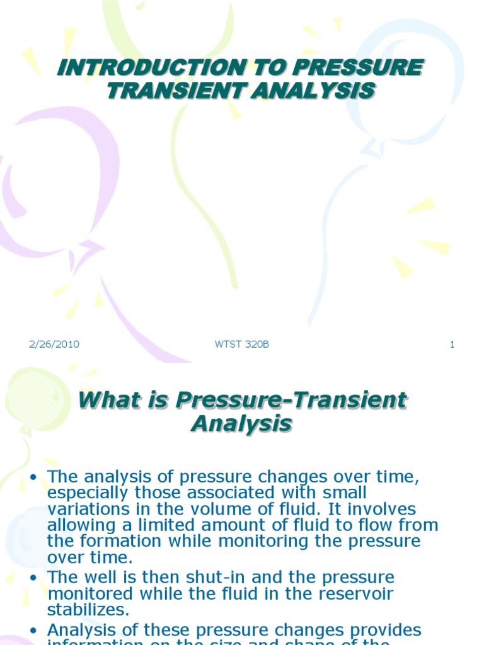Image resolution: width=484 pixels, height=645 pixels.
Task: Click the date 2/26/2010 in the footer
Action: [x=54, y=344]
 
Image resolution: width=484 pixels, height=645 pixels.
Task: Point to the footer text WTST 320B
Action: [x=242, y=344]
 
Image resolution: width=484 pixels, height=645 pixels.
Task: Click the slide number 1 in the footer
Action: [x=452, y=344]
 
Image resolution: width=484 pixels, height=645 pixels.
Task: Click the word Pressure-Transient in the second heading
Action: [x=291, y=400]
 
